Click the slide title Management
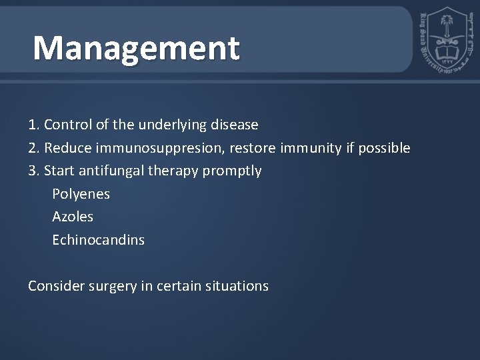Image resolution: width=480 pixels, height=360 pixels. pyautogui.click(x=136, y=48)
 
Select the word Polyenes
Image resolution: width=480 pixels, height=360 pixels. pyautogui.click(x=81, y=194)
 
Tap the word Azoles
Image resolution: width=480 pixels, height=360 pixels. pyautogui.click(x=73, y=217)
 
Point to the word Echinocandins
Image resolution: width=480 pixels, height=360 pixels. pyautogui.click(x=98, y=240)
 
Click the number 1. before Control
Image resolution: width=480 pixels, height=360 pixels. pyautogui.click(x=34, y=125)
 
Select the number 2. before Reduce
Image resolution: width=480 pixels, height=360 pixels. pyautogui.click(x=34, y=148)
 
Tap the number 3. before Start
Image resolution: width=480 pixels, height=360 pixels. pyautogui.click(x=34, y=171)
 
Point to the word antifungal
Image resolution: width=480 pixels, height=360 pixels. pyautogui.click(x=111, y=171)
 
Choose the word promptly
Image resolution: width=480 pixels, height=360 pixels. pyautogui.click(x=233, y=171)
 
